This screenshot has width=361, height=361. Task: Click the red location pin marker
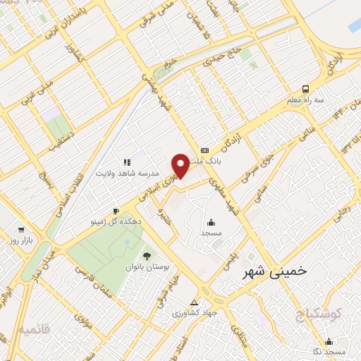(180, 164)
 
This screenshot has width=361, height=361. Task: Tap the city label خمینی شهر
(274, 271)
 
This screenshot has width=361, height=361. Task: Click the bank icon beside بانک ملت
(204, 149)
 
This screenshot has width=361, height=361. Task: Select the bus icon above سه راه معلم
(305, 89)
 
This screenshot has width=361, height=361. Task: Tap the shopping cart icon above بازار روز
(21, 230)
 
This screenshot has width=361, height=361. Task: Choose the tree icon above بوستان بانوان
(147, 256)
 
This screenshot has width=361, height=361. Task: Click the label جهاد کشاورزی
(195, 312)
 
